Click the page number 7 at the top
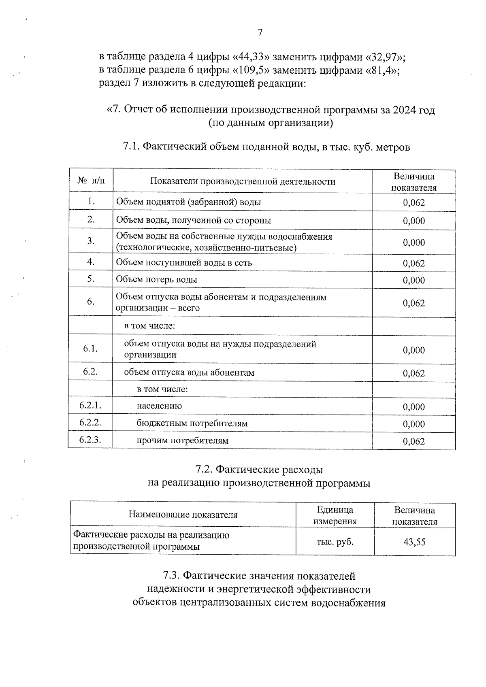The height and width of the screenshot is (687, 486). point(260,33)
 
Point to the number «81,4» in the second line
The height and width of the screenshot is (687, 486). point(382,70)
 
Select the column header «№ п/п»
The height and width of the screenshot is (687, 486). point(91,181)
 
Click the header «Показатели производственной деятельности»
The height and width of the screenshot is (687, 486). point(243,181)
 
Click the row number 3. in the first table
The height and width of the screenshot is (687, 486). point(91,241)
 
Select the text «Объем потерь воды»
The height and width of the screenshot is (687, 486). point(157,279)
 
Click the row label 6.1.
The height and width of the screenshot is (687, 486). point(90,349)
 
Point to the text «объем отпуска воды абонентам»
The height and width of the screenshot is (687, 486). point(189,372)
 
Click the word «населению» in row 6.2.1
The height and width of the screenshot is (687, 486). point(159,406)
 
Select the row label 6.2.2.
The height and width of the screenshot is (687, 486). point(90,423)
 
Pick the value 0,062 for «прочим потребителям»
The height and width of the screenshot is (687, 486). point(414,441)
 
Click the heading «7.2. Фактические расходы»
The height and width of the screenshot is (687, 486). point(259,470)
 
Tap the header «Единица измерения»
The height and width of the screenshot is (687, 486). point(335,515)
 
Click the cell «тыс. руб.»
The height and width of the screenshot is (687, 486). point(335,542)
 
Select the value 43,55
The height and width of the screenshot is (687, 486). point(414,542)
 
